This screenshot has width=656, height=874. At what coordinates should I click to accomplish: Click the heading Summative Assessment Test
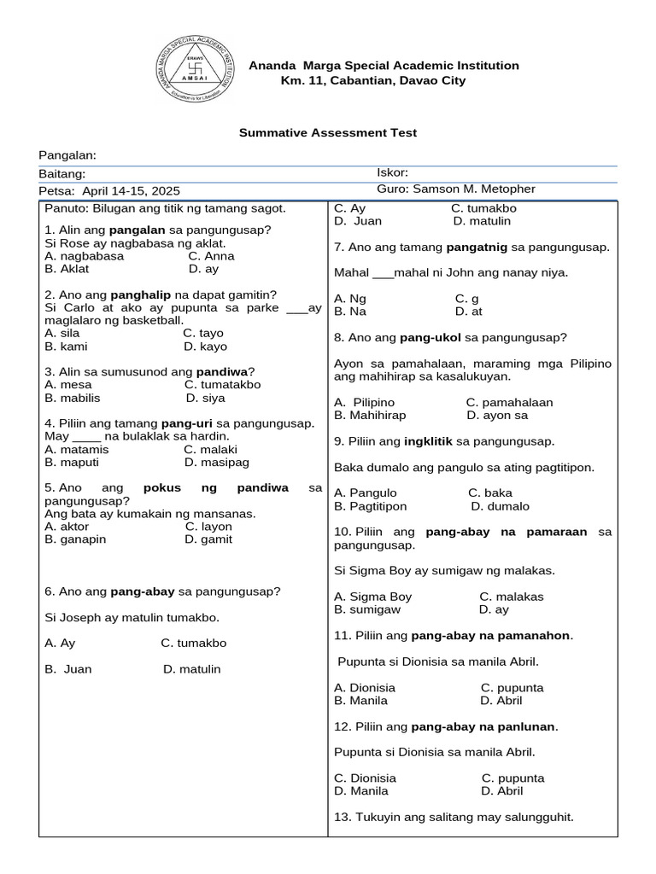point(327,133)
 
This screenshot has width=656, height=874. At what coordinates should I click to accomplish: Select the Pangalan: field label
point(67,154)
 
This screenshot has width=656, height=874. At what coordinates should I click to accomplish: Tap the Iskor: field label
point(392,172)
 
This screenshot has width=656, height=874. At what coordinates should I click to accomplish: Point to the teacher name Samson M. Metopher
point(474,189)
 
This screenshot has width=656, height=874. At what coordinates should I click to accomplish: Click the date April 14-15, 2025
point(131,191)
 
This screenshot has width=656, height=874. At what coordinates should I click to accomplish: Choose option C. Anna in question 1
point(211,256)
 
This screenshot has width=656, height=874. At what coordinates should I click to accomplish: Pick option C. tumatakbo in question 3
point(222,385)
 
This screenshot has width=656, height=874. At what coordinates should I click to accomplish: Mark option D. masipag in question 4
point(216,462)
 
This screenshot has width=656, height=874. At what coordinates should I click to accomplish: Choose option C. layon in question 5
point(208,527)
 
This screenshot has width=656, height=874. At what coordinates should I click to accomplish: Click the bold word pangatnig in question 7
point(477,248)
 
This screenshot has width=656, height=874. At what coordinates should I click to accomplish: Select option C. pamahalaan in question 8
point(509,402)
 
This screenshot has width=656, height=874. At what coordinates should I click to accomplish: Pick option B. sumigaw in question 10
point(367,609)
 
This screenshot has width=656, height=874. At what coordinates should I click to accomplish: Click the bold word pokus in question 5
point(162,488)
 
